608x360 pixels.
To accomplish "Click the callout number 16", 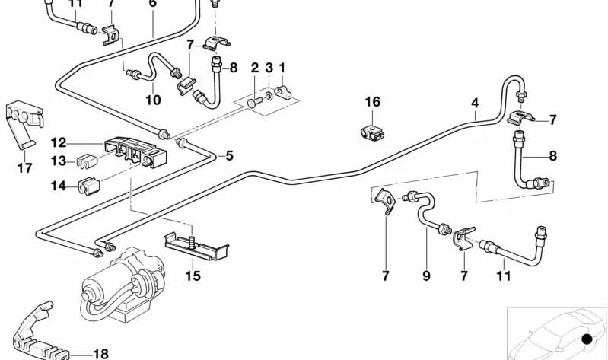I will click(371, 102).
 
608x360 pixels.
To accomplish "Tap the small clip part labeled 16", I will click(371, 132).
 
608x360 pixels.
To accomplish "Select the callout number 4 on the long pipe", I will click(475, 102).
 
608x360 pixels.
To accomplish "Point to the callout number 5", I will click(229, 156).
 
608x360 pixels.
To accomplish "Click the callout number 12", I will click(59, 142).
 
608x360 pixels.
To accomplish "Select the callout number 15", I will click(193, 276).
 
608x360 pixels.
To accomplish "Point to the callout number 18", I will click(100, 353).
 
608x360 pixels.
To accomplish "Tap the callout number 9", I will click(426, 276).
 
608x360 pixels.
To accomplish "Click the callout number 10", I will click(153, 100).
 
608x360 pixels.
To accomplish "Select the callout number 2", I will click(255, 68).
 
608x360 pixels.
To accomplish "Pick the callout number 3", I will click(269, 68).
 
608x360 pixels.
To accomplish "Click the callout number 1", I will click(282, 68).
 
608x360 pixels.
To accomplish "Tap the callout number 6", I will click(152, 4).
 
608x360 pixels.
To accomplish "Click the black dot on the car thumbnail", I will click(586, 339).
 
